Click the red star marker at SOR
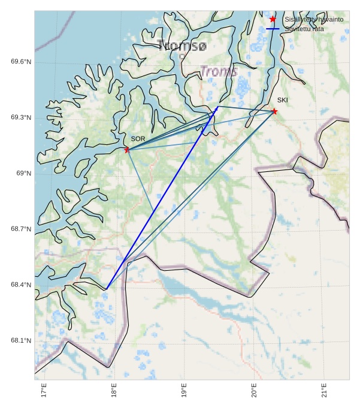[x=127, y=149]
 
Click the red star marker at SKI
[x=274, y=111]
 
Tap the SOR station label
[x=138, y=139]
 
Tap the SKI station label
[x=282, y=100]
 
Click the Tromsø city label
[x=183, y=46]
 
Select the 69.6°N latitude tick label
[x=21, y=62]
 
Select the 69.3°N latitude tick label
[x=21, y=117]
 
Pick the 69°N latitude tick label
[x=23, y=173]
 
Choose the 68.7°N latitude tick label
[x=21, y=229]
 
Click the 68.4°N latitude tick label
[x=21, y=285]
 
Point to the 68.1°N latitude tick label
[x=21, y=340]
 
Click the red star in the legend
[x=273, y=19]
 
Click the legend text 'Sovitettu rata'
[x=304, y=29]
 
